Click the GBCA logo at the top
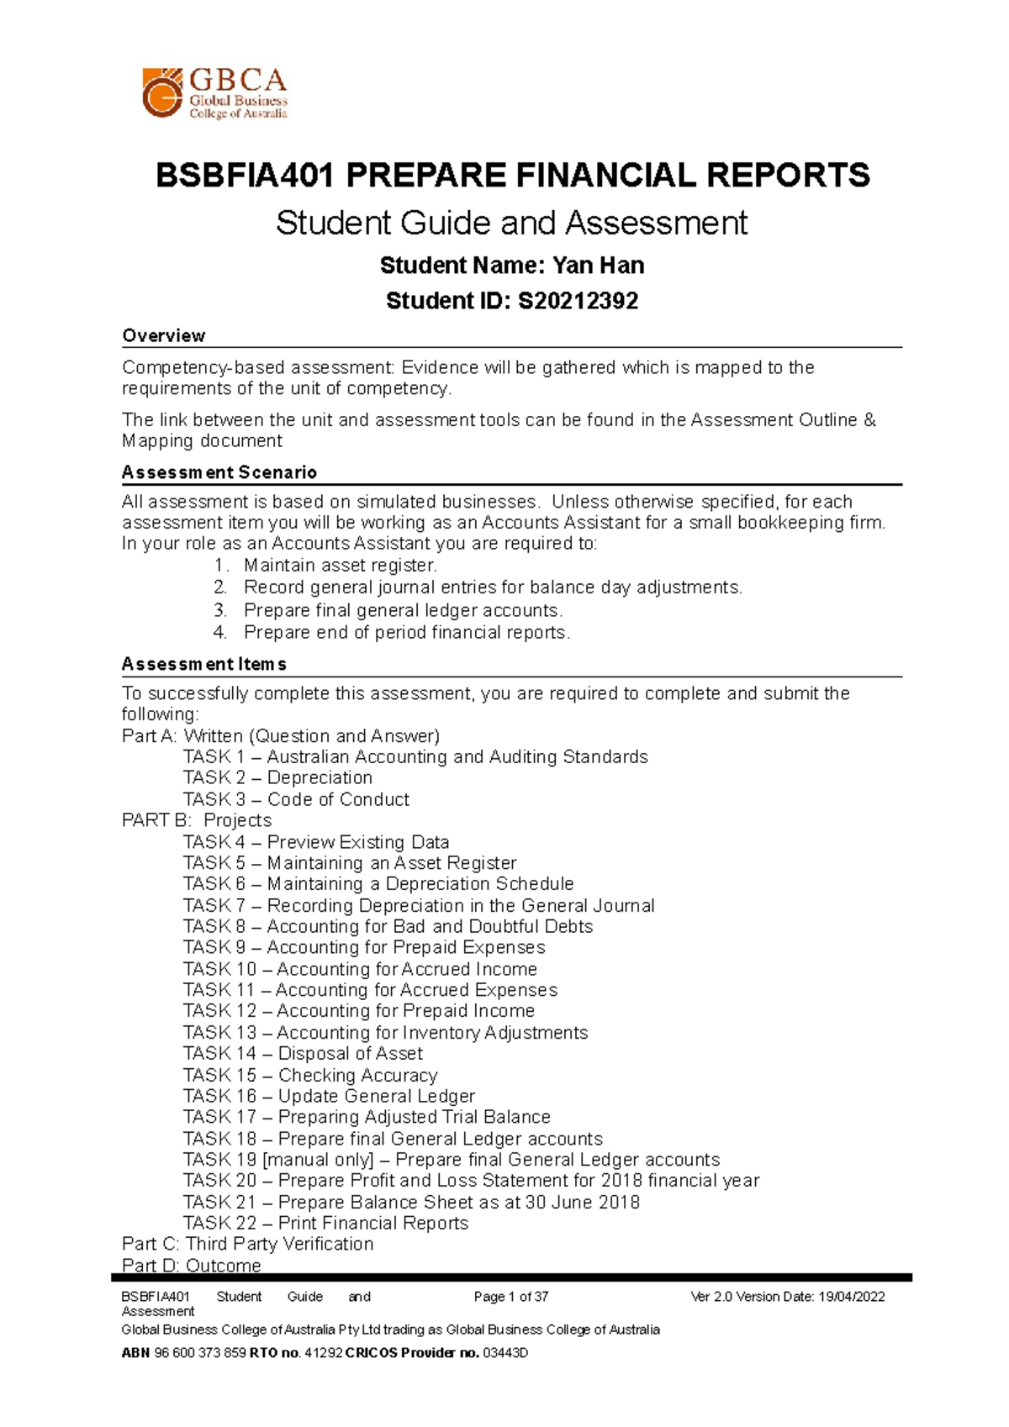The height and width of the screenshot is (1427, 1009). coord(215,92)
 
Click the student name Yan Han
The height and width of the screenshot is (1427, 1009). coord(598,266)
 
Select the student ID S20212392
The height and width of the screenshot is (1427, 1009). coord(578,301)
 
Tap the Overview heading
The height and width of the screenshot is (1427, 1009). coord(164,336)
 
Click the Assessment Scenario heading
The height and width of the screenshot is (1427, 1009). coord(219,472)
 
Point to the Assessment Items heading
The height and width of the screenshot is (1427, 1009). coord(204,664)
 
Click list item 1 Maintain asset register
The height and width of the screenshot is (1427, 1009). coord(340,566)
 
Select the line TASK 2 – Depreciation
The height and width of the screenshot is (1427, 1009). coord(277,778)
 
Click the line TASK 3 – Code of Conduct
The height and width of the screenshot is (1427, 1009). coord(296,799)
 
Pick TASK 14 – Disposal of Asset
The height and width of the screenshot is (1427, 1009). coord(303,1054)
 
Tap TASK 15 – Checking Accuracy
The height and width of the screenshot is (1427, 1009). coord(310,1075)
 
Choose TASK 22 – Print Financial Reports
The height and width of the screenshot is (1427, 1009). coord(325,1223)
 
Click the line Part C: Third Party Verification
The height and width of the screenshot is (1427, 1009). coord(247,1244)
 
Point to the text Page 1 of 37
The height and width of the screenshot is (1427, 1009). coord(510,1297)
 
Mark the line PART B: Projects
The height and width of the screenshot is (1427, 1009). coord(197,820)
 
